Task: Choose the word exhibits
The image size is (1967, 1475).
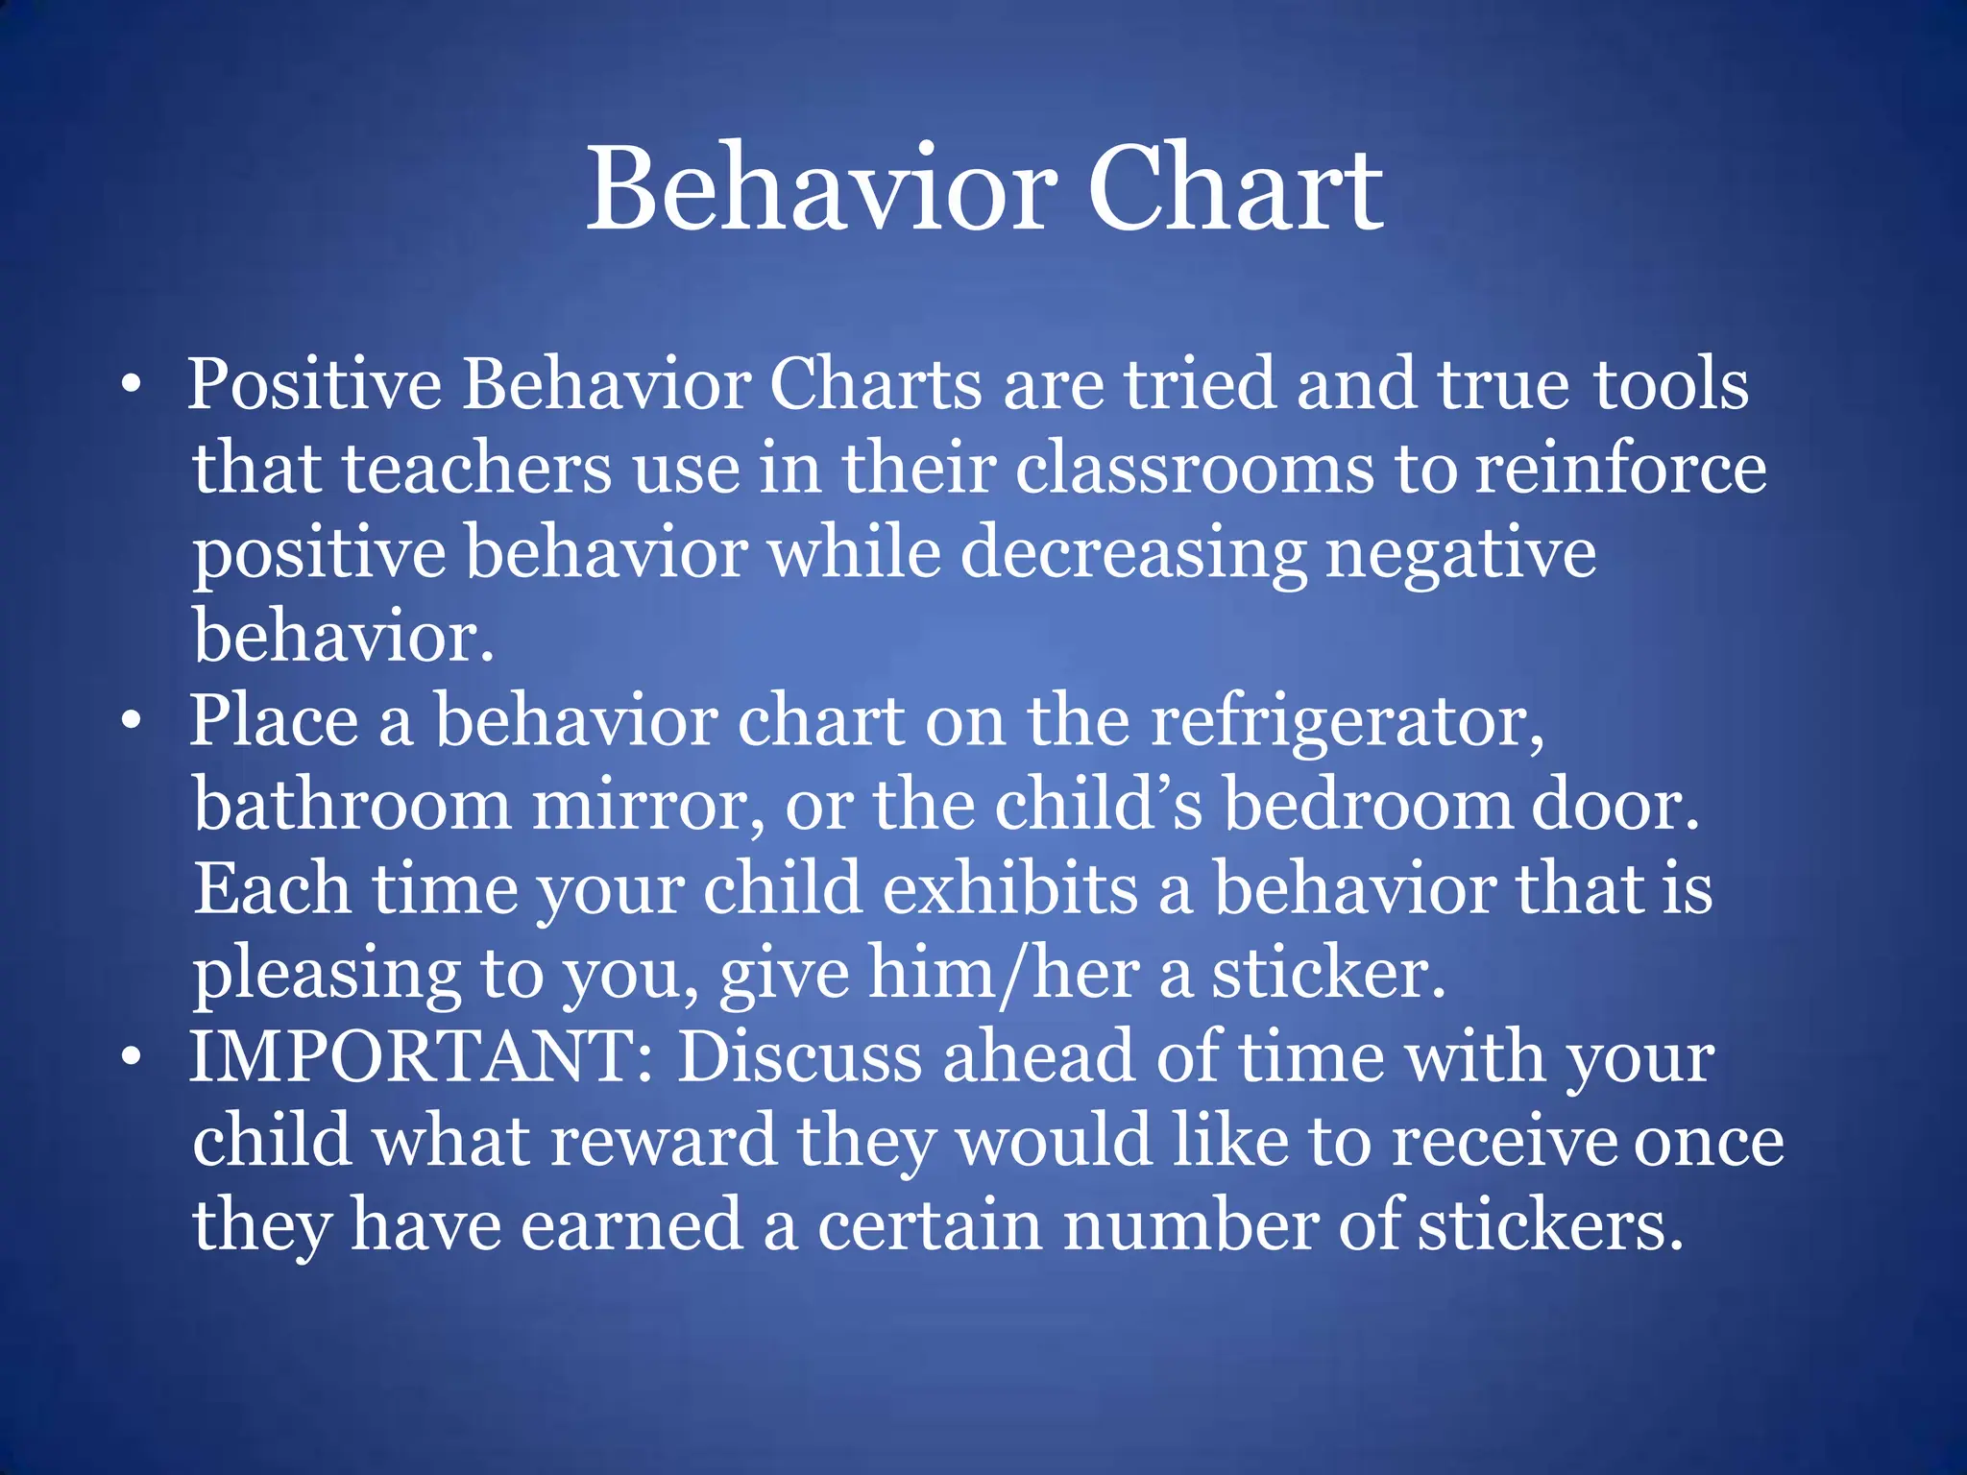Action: [1009, 889]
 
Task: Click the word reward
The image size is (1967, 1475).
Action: [663, 1141]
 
